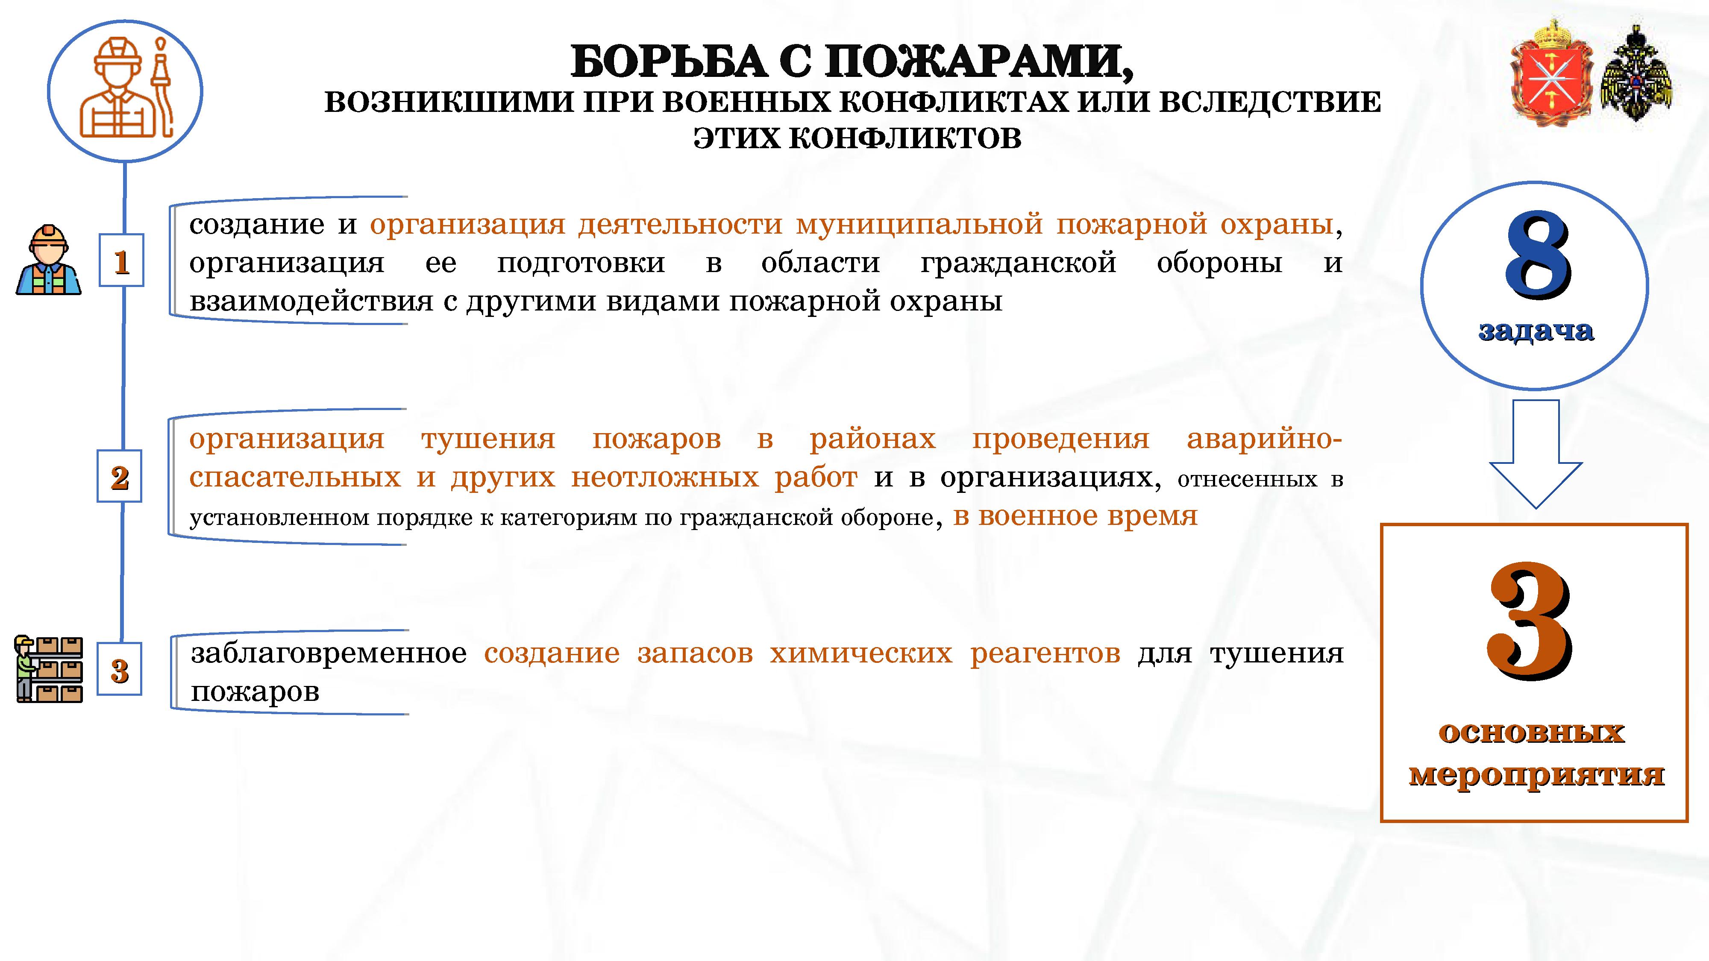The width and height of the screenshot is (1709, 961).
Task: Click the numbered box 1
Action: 121,260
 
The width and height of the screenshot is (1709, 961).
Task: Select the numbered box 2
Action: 120,476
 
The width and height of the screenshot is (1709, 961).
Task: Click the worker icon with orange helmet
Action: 48,260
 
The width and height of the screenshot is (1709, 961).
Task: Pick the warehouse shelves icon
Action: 48,668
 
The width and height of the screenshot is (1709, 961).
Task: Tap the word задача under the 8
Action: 1536,330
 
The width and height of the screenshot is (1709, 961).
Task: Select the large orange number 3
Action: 1529,621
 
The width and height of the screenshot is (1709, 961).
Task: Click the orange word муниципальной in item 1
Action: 919,225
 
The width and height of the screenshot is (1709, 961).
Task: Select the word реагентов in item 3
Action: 1045,654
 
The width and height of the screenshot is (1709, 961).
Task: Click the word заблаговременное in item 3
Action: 329,653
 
